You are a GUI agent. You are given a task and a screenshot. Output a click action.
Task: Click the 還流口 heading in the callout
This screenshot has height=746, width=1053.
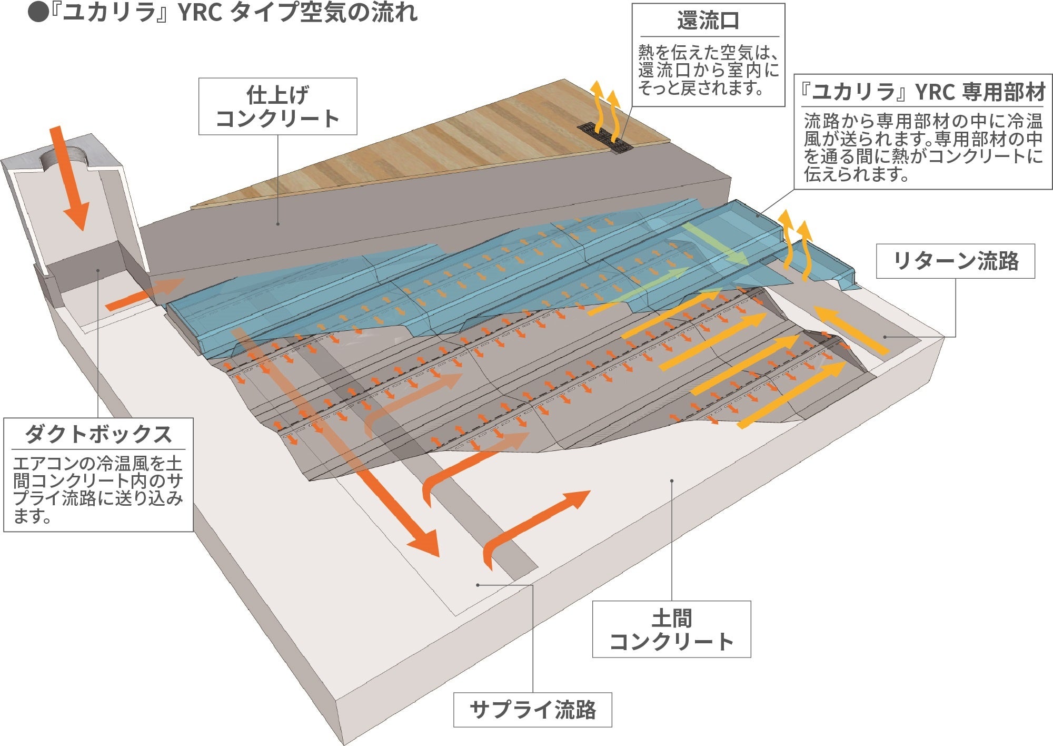pos(708,21)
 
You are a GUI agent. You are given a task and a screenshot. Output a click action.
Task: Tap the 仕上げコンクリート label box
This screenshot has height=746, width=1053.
pos(277,106)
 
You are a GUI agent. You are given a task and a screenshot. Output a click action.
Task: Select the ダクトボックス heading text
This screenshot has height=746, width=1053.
pos(98,435)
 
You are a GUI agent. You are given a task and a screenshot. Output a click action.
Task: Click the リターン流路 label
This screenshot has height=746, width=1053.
pos(955,261)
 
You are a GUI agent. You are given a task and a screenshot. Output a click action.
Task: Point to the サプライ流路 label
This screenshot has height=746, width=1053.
pos(532,710)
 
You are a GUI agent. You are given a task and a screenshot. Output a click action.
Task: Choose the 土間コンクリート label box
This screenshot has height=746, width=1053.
pos(671,629)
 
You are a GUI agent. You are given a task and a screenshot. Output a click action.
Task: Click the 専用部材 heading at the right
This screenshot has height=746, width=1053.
pos(923,92)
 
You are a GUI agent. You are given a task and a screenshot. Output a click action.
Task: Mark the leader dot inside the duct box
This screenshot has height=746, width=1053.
pos(98,271)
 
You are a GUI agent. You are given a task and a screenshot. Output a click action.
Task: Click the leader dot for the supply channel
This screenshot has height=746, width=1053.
pos(478,585)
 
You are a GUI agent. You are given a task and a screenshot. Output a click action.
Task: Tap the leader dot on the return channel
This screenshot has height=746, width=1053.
pos(886,337)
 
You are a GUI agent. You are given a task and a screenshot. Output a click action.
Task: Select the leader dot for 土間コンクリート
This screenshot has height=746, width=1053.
pos(672,480)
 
